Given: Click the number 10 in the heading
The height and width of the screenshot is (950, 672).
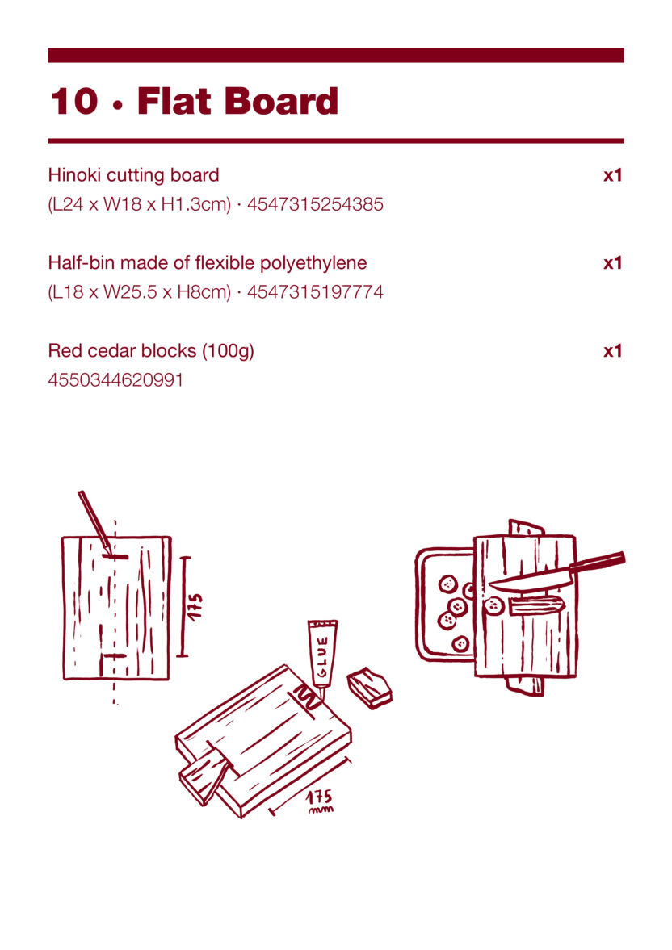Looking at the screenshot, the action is click(x=74, y=101).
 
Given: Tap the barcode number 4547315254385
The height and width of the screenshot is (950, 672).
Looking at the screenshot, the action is click(x=315, y=204).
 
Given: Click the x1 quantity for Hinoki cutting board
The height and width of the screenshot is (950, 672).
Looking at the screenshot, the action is click(x=612, y=175).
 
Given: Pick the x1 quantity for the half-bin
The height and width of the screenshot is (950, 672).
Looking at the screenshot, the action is click(x=612, y=263).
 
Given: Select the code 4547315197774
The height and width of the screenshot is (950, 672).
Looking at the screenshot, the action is click(x=315, y=292).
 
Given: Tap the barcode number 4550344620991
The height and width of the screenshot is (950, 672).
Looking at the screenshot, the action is click(x=115, y=380).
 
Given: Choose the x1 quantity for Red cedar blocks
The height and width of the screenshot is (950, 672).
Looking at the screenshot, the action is click(x=612, y=351).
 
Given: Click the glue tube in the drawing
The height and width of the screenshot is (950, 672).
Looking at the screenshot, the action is click(x=322, y=658).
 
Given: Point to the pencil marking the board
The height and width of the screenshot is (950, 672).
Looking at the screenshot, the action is click(x=95, y=522).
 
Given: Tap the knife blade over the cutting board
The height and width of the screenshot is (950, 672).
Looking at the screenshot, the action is click(x=530, y=582).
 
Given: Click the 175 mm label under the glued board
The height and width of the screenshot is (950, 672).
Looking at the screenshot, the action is click(x=319, y=801).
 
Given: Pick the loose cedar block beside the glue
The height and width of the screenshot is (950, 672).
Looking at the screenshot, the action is click(x=370, y=688).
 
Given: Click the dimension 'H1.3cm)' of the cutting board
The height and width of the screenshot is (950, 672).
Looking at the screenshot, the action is click(x=196, y=204).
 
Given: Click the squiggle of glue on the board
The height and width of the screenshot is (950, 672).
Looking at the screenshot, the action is click(x=308, y=697).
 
